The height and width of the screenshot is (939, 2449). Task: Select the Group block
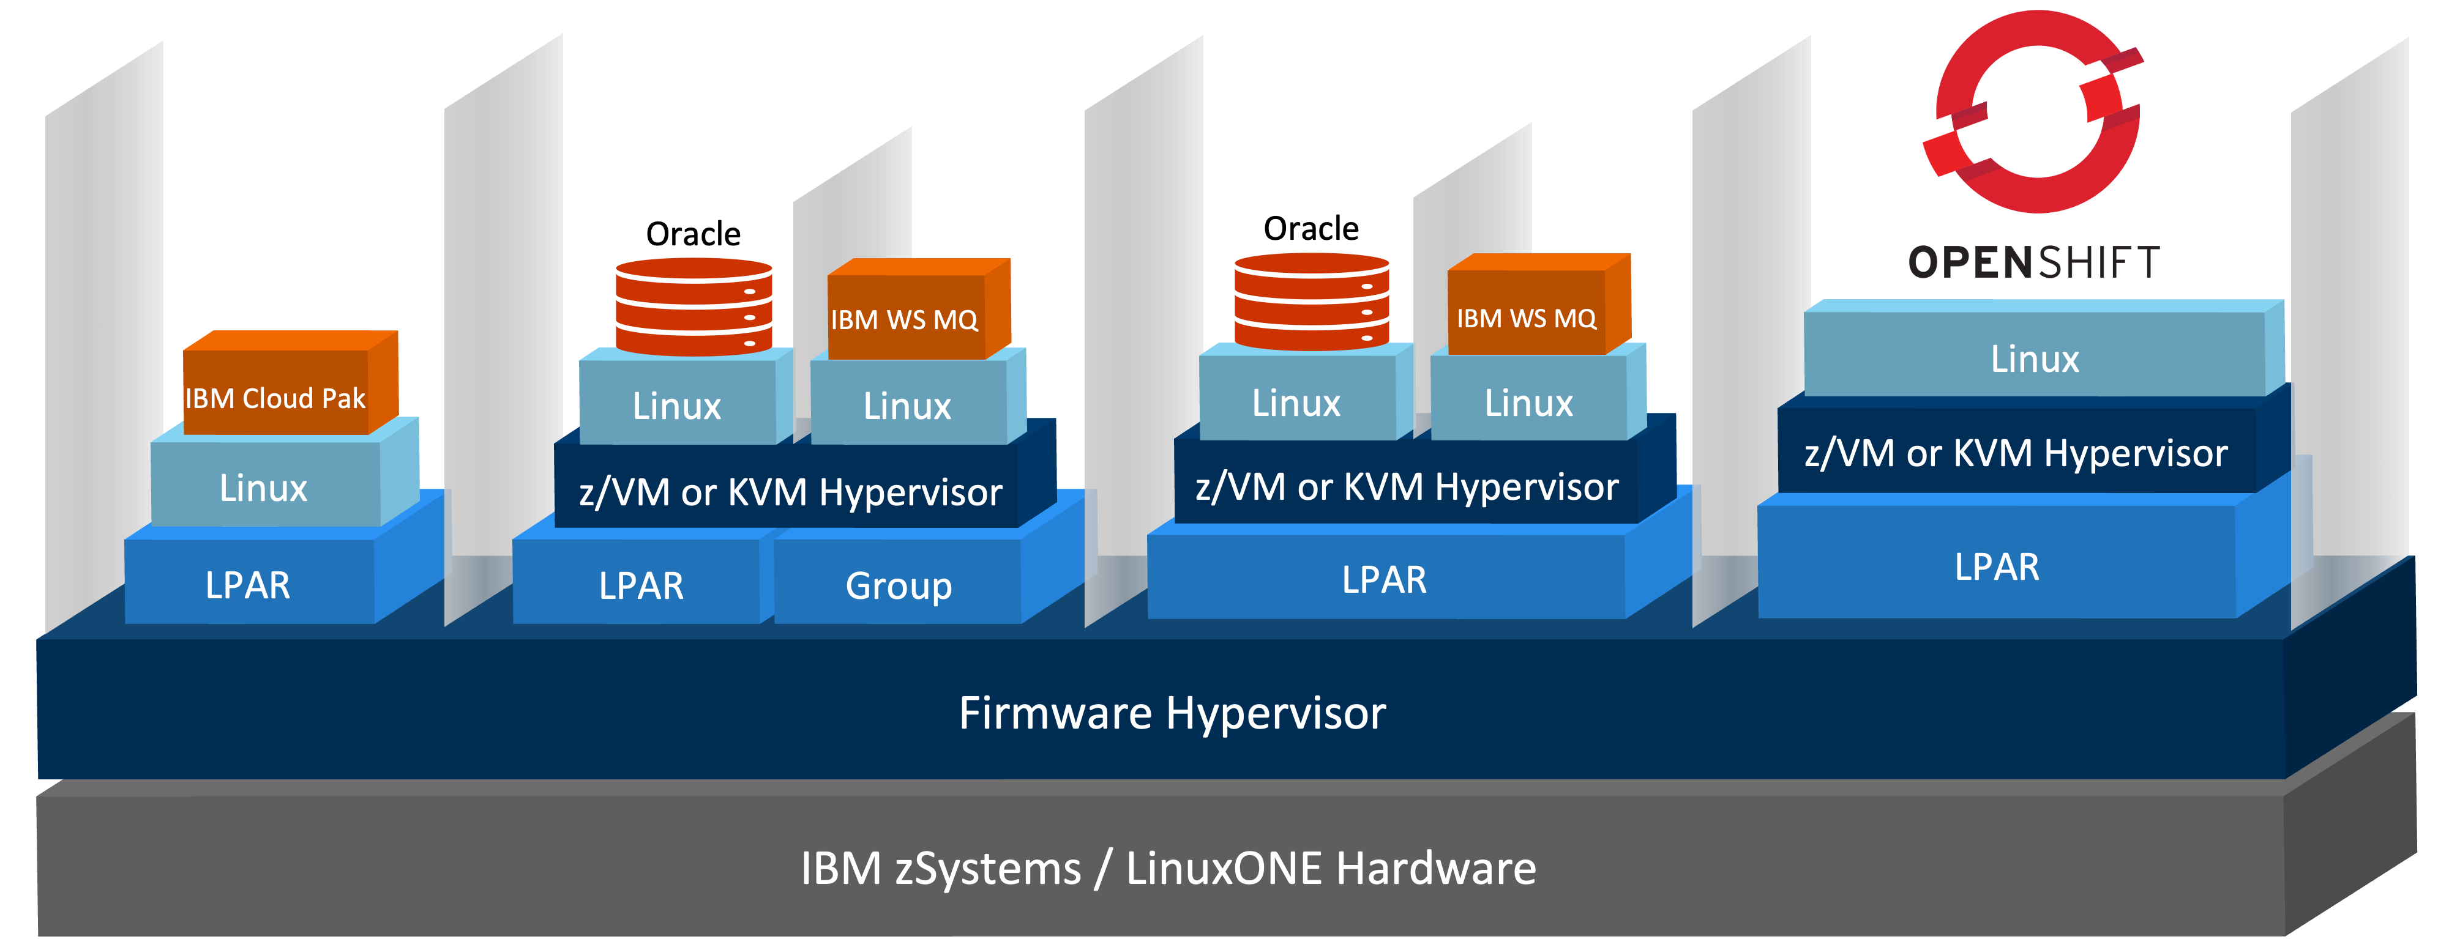pyautogui.click(x=899, y=584)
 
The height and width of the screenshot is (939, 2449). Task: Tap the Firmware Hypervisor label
pyautogui.click(x=1172, y=713)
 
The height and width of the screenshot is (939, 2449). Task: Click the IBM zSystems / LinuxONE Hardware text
pyautogui.click(x=1167, y=867)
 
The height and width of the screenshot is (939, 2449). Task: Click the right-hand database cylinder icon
pyautogui.click(x=1311, y=302)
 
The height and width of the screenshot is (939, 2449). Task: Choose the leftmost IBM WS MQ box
pyautogui.click(x=905, y=317)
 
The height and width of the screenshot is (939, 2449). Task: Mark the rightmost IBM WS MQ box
pyautogui.click(x=1527, y=316)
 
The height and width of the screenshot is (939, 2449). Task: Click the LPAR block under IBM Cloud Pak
pyautogui.click(x=248, y=584)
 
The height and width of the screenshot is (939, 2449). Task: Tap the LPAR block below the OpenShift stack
pyautogui.click(x=1997, y=566)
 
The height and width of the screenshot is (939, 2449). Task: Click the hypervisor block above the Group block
pyautogui.click(x=790, y=491)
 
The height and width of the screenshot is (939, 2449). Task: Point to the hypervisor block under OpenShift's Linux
pyautogui.click(x=2016, y=453)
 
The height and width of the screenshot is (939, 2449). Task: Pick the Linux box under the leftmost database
pyautogui.click(x=677, y=406)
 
